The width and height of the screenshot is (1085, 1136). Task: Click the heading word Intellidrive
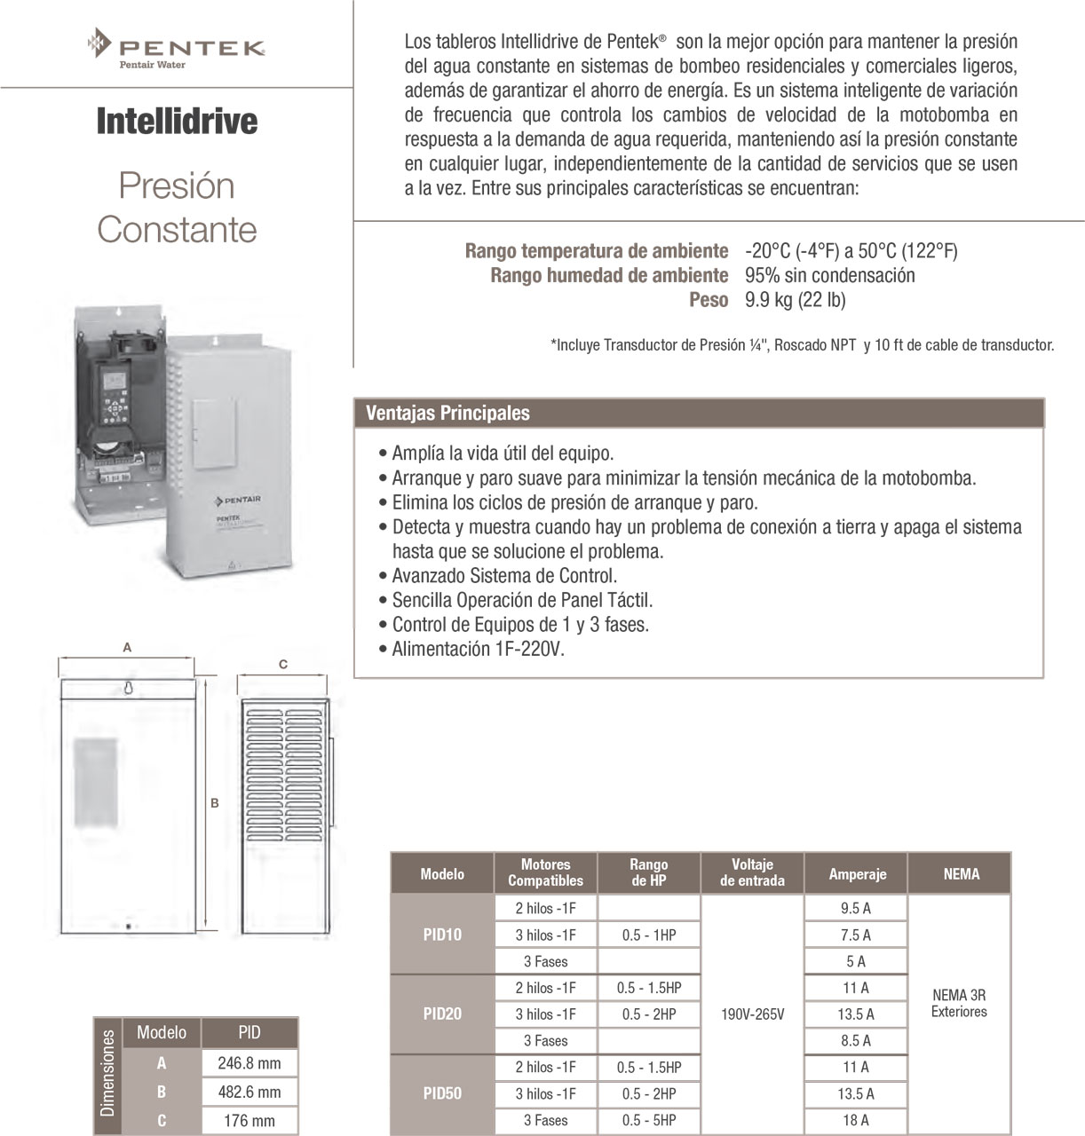click(177, 122)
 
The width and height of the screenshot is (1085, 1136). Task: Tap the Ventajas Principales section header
click(447, 413)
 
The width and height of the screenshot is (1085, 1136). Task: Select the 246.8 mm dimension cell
click(249, 1063)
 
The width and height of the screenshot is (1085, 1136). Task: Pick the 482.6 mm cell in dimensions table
click(249, 1093)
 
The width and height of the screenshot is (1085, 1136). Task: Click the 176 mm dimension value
click(249, 1121)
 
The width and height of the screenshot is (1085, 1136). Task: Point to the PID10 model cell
click(442, 935)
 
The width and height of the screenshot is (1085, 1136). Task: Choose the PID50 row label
click(442, 1093)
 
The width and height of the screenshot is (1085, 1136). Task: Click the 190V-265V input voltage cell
click(752, 1014)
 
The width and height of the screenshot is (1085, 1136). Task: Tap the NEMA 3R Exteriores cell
click(959, 1004)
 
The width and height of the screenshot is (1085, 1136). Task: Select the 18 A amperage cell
click(856, 1120)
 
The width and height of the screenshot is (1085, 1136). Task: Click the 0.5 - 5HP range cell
click(649, 1120)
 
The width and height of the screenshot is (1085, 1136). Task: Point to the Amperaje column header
click(857, 874)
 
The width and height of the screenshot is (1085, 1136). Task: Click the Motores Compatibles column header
click(545, 872)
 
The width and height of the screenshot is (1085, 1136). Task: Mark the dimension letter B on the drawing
click(214, 803)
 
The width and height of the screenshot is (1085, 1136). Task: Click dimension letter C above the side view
click(283, 664)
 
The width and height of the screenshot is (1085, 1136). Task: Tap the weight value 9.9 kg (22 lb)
click(796, 300)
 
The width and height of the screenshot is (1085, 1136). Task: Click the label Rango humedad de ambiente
click(609, 276)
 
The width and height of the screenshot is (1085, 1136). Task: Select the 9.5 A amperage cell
click(856, 908)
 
